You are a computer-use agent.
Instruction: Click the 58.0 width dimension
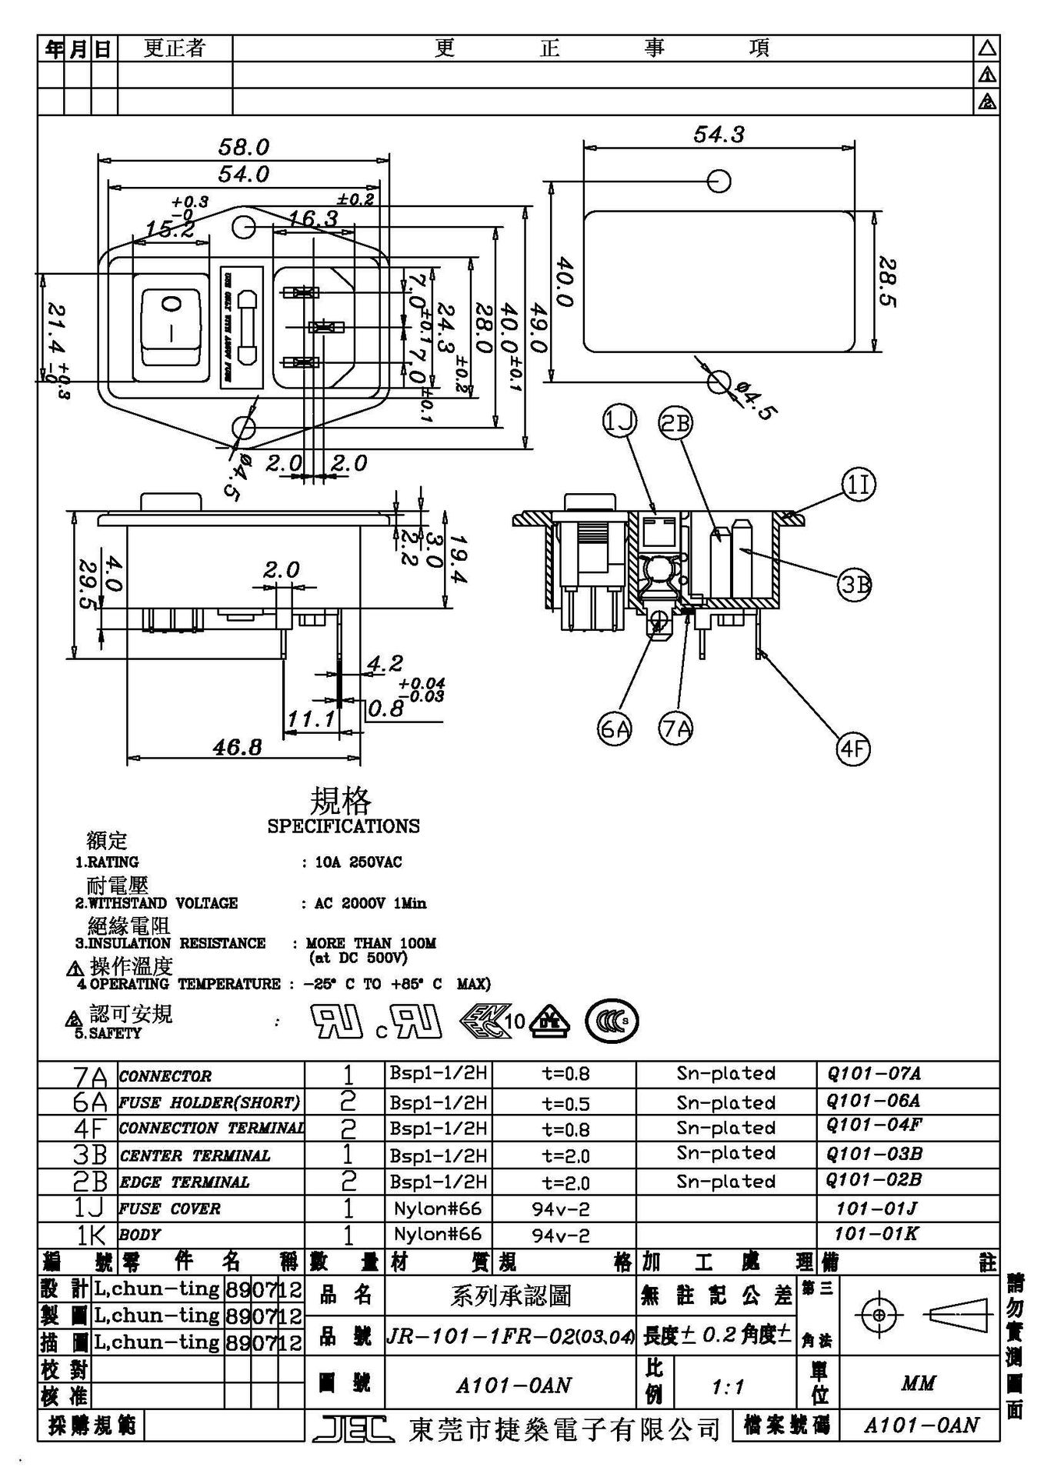tap(243, 146)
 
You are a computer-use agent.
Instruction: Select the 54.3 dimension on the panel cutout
tap(719, 135)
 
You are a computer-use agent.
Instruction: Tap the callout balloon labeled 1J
tap(619, 422)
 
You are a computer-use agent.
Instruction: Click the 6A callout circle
tap(615, 728)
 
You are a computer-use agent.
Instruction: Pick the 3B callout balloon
tap(855, 585)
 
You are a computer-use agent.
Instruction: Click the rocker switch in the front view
tap(170, 327)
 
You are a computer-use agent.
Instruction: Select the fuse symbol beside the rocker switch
tap(248, 328)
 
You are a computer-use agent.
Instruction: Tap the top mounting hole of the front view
tap(242, 226)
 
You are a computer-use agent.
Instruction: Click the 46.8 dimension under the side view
tap(237, 747)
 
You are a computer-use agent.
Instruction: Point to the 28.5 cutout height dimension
tap(887, 282)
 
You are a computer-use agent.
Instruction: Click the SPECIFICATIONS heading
tap(343, 826)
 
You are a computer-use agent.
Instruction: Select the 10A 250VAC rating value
tap(358, 862)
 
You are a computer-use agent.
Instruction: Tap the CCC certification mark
tap(612, 1022)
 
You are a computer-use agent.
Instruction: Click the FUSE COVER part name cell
tap(169, 1209)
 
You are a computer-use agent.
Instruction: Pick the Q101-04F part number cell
tap(874, 1125)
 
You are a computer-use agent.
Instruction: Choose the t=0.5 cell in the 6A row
tap(565, 1104)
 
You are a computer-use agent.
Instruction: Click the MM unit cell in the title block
tap(918, 1384)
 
